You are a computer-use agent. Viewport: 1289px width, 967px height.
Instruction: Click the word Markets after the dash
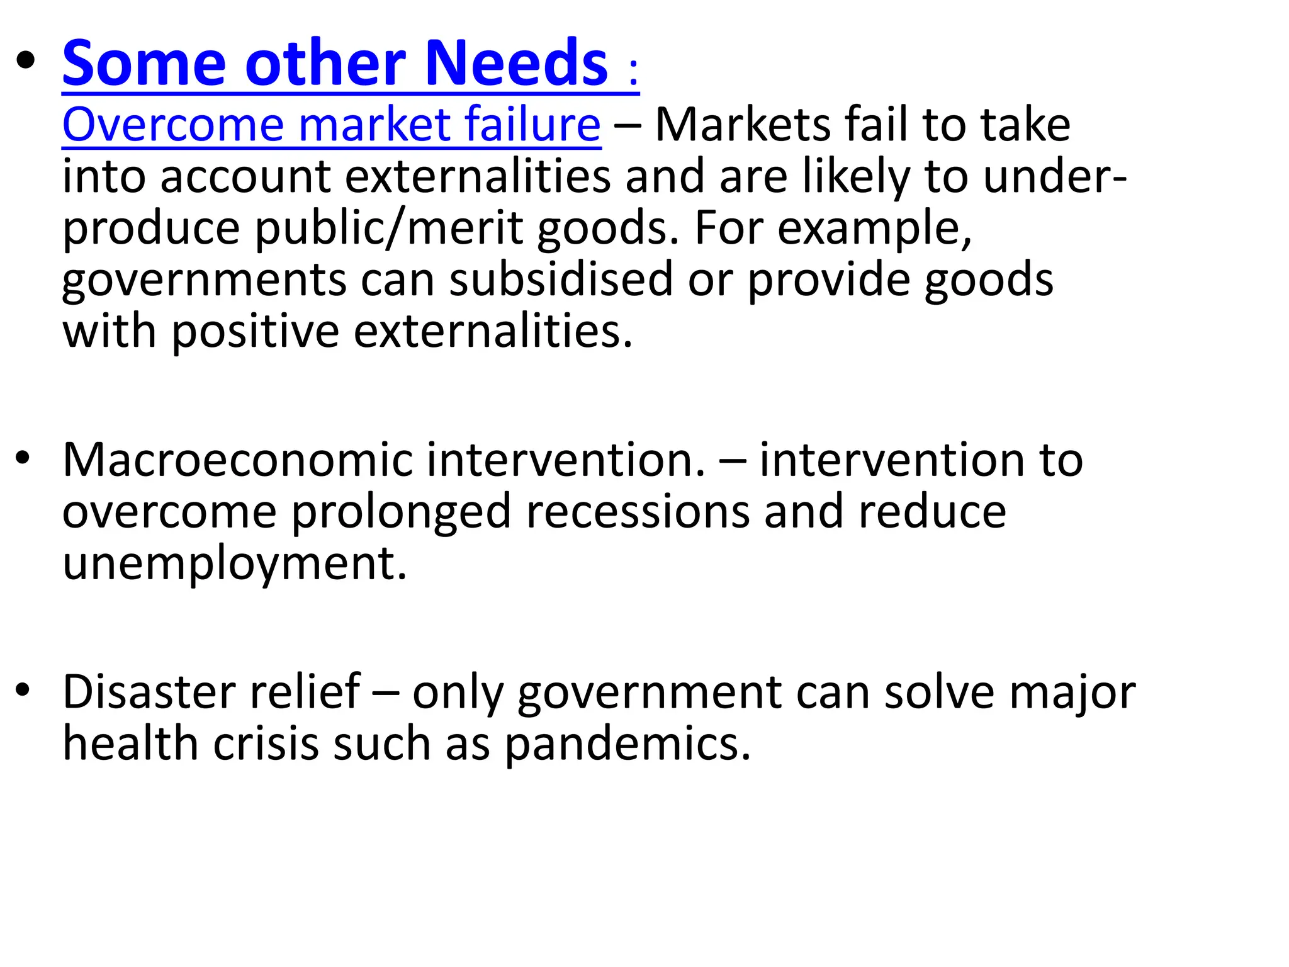(743, 125)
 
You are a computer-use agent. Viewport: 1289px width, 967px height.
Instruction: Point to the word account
(245, 176)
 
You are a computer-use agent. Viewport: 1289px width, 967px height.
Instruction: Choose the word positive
(256, 331)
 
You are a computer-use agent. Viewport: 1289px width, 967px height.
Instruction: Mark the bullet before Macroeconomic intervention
(24, 458)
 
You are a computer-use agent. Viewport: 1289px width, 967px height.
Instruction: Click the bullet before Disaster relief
(24, 691)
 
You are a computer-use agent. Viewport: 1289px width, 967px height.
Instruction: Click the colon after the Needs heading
(633, 72)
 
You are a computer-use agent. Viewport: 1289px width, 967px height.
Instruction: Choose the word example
(874, 228)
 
